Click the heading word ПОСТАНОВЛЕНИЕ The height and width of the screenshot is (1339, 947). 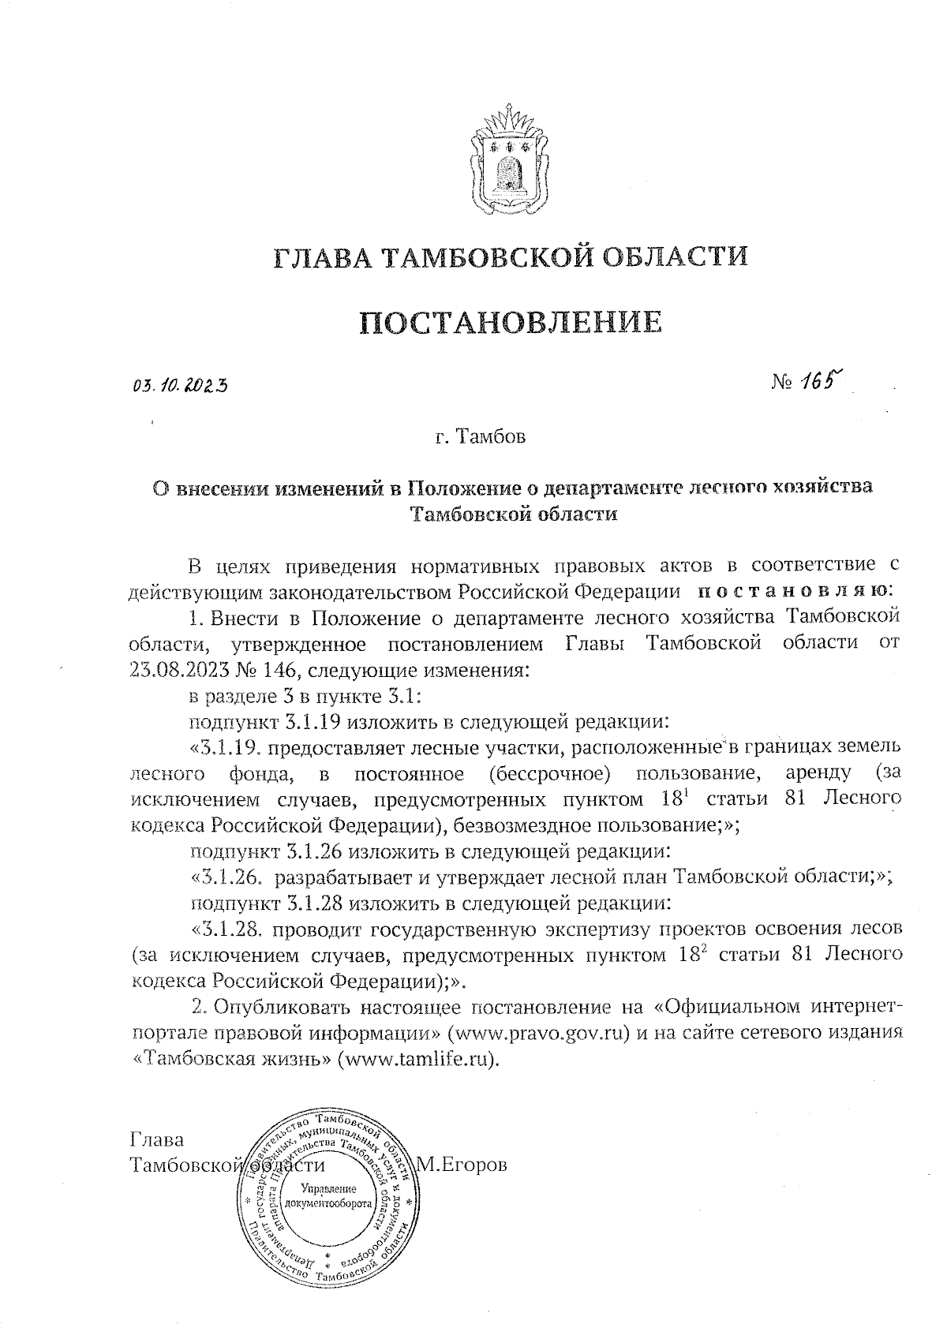[511, 323]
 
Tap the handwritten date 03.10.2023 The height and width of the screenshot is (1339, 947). [180, 386]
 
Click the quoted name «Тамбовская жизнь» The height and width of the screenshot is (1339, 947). [230, 1058]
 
